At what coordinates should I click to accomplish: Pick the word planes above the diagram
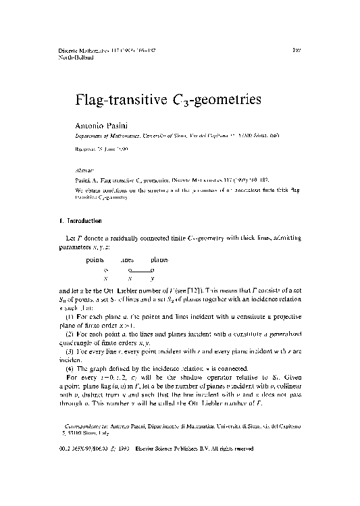[x=159, y=260]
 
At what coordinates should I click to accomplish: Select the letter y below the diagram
[x=153, y=278]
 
